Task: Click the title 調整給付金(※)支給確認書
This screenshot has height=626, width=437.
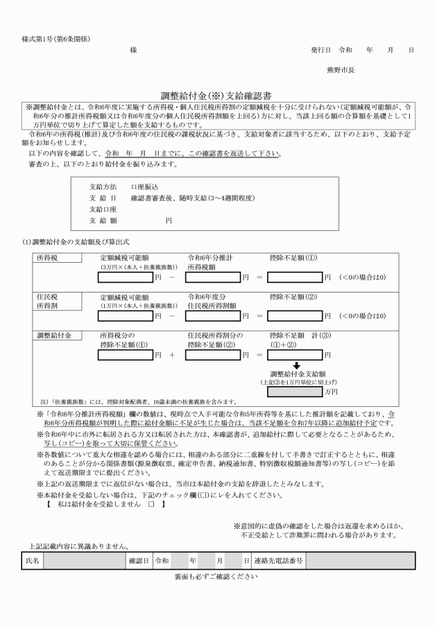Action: tap(218, 98)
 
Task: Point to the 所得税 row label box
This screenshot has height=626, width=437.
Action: tap(54, 257)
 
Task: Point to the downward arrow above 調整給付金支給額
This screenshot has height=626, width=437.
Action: tap(295, 366)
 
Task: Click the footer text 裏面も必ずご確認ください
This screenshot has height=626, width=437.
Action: tap(218, 557)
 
